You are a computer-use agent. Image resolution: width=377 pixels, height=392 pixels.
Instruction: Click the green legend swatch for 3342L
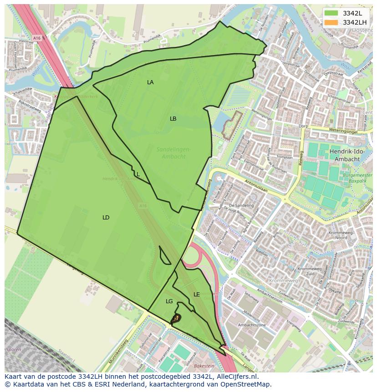click(x=331, y=13)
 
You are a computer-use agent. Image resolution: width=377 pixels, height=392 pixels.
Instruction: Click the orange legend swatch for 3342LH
click(x=331, y=22)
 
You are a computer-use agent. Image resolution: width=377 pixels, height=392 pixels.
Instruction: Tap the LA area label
click(x=150, y=82)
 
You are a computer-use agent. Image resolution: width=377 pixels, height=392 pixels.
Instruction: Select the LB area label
click(x=173, y=119)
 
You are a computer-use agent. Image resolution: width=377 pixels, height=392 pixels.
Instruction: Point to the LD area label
click(x=106, y=218)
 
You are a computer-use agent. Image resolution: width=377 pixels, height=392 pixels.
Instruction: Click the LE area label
click(x=197, y=295)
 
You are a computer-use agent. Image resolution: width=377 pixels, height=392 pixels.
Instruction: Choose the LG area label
click(x=169, y=301)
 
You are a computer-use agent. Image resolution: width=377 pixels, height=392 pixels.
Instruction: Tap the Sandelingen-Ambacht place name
click(x=173, y=153)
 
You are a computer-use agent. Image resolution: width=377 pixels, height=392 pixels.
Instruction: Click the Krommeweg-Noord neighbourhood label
click(x=337, y=235)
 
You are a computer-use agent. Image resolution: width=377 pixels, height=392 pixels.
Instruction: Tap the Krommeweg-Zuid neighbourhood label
click(x=310, y=271)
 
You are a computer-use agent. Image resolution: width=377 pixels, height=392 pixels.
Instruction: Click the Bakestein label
click(x=204, y=366)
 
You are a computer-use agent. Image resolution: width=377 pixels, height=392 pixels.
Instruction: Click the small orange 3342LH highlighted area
click(x=175, y=318)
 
